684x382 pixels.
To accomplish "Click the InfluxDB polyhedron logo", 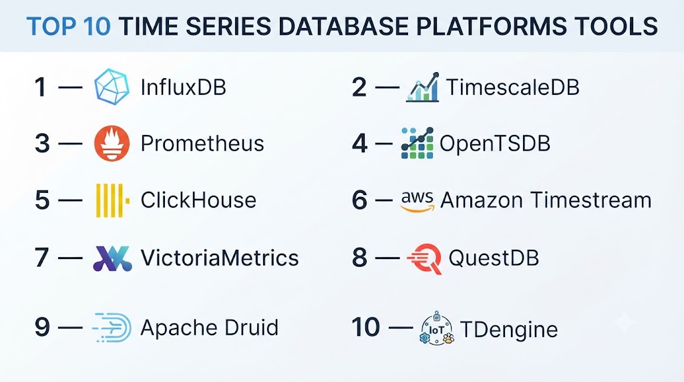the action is [112, 87].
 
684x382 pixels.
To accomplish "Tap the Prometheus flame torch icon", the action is [112, 144].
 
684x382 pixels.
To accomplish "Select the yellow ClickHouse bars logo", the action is [112, 200].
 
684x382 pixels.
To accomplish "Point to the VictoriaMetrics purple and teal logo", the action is [112, 258].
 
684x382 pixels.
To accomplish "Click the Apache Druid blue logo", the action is [112, 327].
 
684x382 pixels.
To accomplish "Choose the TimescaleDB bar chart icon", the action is [423, 87].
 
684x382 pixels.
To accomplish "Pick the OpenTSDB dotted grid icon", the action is [417, 143].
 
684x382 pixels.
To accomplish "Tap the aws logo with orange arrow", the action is [417, 201].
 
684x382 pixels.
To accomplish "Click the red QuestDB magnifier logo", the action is [424, 258].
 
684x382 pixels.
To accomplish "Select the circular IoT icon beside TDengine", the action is [437, 329].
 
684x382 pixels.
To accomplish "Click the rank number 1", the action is [41, 87].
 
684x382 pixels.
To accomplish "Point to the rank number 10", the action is [365, 327].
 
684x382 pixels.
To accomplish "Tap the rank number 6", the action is [359, 200].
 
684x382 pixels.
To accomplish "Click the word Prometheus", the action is [202, 144].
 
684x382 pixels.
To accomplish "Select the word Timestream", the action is [591, 200].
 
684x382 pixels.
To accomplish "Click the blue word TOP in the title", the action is [47, 26].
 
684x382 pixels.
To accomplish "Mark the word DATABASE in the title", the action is [343, 26].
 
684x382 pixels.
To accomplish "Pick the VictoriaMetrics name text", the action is [220, 258].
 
